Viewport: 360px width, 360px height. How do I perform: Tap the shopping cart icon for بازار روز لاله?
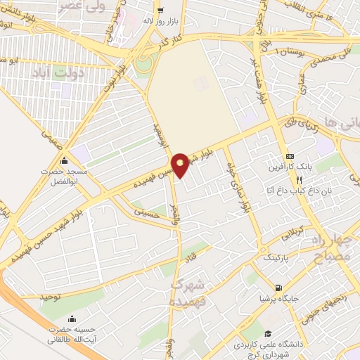[x=161, y=10]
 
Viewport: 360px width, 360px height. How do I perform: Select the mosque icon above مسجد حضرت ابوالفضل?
[x=65, y=160]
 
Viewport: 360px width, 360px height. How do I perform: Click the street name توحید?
[x=52, y=297]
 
